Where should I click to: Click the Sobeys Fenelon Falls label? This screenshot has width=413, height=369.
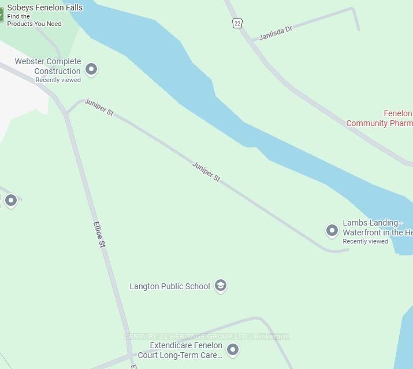(x=44, y=8)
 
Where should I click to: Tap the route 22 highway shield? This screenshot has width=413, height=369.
(x=237, y=23)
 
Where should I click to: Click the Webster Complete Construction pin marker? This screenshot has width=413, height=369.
(x=91, y=69)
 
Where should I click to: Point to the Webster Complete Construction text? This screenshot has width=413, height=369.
(x=47, y=66)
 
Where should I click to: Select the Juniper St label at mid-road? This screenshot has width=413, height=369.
(x=206, y=172)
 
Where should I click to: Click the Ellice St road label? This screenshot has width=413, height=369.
(x=99, y=235)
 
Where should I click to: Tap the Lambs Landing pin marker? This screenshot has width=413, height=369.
(x=332, y=230)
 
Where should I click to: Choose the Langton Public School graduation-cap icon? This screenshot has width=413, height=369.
(x=220, y=285)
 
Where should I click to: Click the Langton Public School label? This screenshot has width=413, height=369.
(x=170, y=286)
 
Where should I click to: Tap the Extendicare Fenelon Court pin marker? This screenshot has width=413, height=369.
(x=232, y=349)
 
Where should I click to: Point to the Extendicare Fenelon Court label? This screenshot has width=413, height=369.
(x=185, y=350)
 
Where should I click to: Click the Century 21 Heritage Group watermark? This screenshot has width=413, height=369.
(x=206, y=337)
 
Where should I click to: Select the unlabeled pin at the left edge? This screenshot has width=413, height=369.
(x=10, y=200)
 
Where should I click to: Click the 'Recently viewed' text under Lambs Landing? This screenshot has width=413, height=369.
(x=365, y=242)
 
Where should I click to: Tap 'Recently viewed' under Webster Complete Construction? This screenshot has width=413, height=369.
(x=58, y=80)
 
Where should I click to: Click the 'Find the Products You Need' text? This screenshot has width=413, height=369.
(x=34, y=20)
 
